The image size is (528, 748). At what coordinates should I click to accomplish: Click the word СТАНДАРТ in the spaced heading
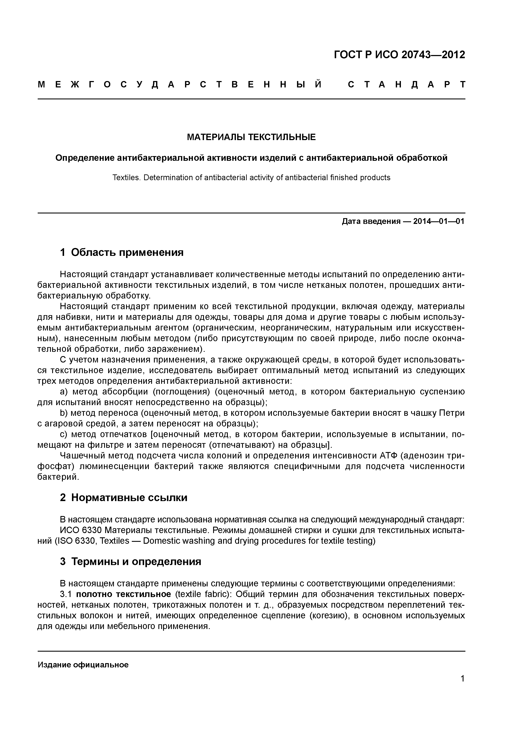(406, 85)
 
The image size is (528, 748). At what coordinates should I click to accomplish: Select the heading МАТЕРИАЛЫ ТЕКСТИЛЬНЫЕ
(251, 137)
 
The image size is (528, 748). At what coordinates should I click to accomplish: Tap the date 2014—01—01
(439, 222)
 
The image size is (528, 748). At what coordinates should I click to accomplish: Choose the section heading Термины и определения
(136, 561)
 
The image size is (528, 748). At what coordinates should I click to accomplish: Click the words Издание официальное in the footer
(83, 665)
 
